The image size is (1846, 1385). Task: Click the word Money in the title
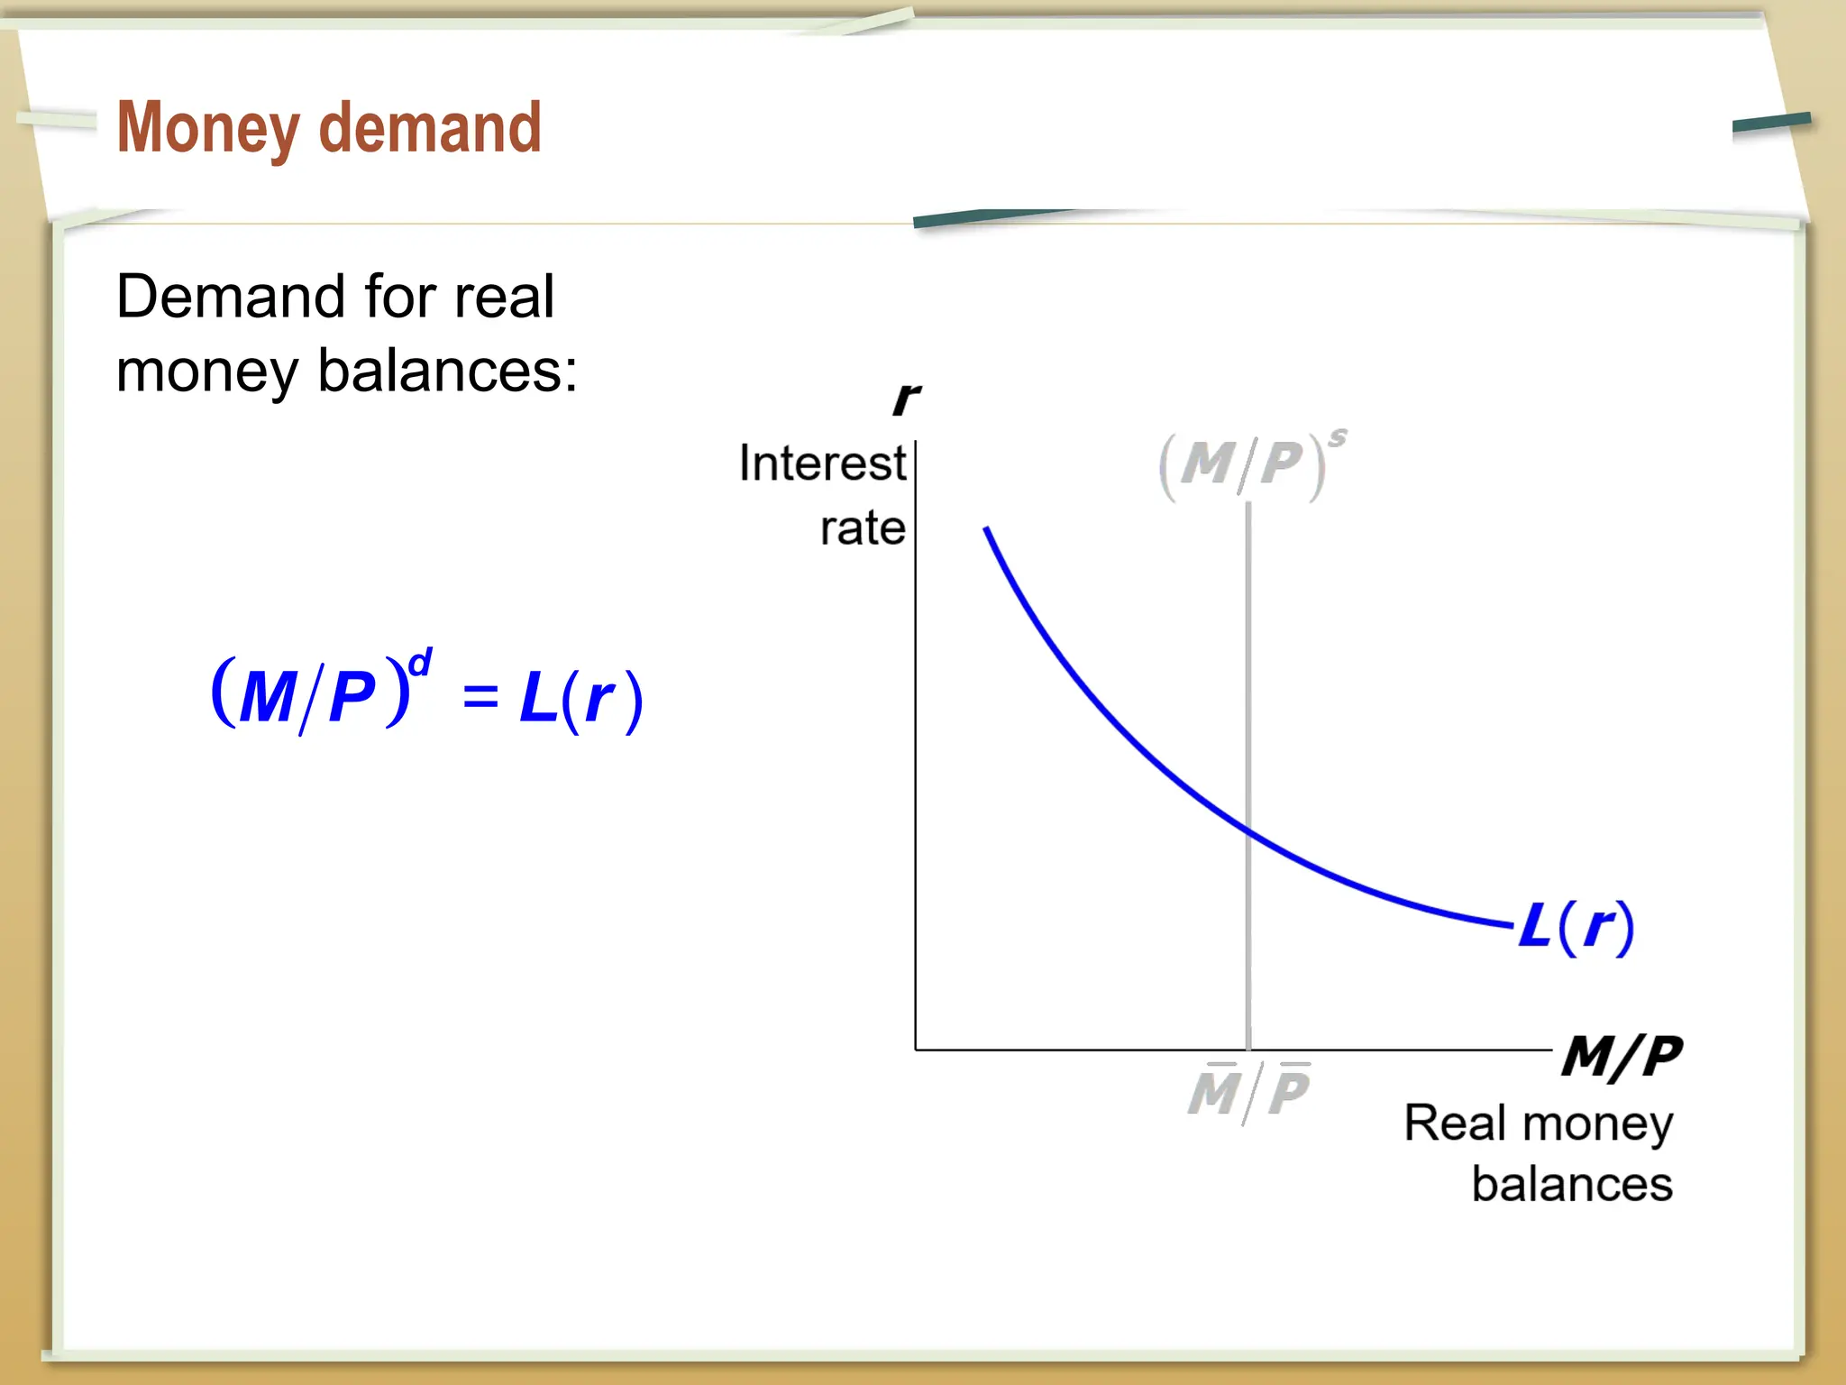click(x=208, y=129)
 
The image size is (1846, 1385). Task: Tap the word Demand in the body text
click(x=231, y=297)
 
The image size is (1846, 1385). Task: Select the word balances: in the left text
click(x=448, y=371)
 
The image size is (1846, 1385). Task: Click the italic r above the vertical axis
click(x=905, y=398)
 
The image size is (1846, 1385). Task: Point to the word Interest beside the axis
click(x=821, y=463)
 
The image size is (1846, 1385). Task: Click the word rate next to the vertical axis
click(x=862, y=527)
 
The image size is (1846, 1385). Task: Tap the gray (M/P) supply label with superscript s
click(x=1248, y=464)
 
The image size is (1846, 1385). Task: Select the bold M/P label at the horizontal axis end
click(x=1621, y=1056)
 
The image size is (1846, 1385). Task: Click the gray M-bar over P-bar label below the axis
click(x=1248, y=1092)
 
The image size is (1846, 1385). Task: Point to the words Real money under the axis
click(x=1538, y=1124)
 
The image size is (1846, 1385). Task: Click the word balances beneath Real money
click(x=1571, y=1184)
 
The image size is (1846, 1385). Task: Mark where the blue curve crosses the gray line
click(x=1248, y=830)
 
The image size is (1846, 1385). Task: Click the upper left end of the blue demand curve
click(x=987, y=530)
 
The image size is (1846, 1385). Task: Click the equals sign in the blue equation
click(x=480, y=697)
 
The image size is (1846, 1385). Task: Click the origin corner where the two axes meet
click(x=916, y=1050)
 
